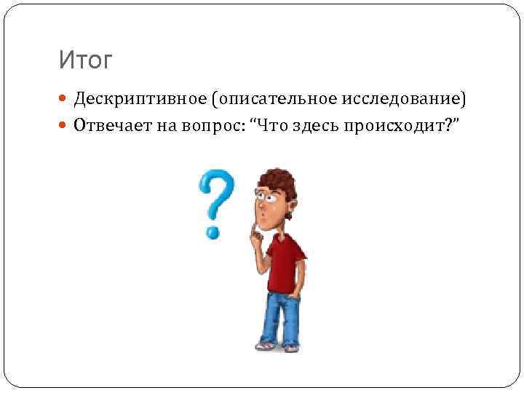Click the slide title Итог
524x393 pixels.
(x=86, y=60)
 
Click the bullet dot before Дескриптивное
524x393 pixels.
(x=64, y=98)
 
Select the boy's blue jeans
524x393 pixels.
(x=280, y=317)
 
